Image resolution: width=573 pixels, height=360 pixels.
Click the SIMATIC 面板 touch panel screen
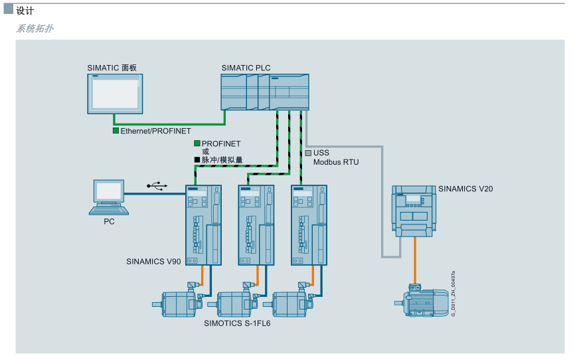point(115,93)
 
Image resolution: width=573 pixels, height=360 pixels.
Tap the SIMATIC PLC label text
point(246,68)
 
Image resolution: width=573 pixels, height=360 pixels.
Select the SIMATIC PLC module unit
point(265,92)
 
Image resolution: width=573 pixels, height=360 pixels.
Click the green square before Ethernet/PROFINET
point(116,132)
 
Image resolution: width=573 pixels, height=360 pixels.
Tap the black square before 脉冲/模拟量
point(197,160)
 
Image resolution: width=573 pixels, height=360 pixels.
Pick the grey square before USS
point(309,152)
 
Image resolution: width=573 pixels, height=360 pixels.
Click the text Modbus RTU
point(336,161)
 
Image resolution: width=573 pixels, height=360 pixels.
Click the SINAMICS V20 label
point(465,189)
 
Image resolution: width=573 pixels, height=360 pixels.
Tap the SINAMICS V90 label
point(153,262)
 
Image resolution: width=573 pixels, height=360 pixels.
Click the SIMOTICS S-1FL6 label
point(237,323)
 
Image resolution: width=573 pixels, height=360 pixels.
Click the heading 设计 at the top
point(25,11)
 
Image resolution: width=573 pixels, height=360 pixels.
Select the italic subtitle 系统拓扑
point(35,29)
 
